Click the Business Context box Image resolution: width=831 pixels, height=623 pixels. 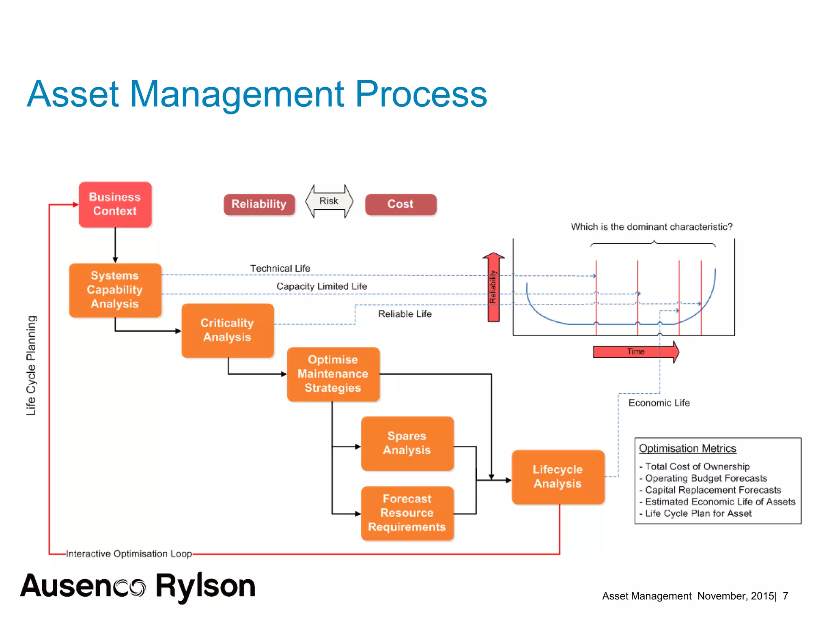pos(115,204)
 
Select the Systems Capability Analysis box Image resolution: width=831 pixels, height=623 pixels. pos(115,290)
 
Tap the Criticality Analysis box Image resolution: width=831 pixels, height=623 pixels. pos(228,330)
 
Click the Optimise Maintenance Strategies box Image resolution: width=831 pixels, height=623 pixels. pos(333,374)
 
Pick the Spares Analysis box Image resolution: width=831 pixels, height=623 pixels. pos(407,443)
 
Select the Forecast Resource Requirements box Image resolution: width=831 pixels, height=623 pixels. pos(407,513)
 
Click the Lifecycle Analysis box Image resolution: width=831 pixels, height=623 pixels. pos(558,477)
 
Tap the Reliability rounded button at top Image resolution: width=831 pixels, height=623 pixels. pos(259,204)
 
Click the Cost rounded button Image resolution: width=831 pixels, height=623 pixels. pos(400,204)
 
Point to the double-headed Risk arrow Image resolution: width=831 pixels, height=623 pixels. pos(329,201)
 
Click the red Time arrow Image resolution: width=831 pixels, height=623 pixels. pos(635,352)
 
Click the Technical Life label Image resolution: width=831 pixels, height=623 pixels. pos(280,269)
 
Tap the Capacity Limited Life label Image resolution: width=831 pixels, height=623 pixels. pos(322,286)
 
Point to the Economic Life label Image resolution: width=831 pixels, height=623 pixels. pos(659,403)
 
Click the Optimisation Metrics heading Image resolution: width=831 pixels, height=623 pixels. pos(687,448)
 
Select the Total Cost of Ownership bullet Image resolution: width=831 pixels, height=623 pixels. pos(697,466)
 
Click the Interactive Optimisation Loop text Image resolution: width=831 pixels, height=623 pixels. pos(129,554)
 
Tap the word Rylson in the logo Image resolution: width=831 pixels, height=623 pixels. pos(205,586)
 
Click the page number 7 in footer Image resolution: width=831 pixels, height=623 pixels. pos(786,596)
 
